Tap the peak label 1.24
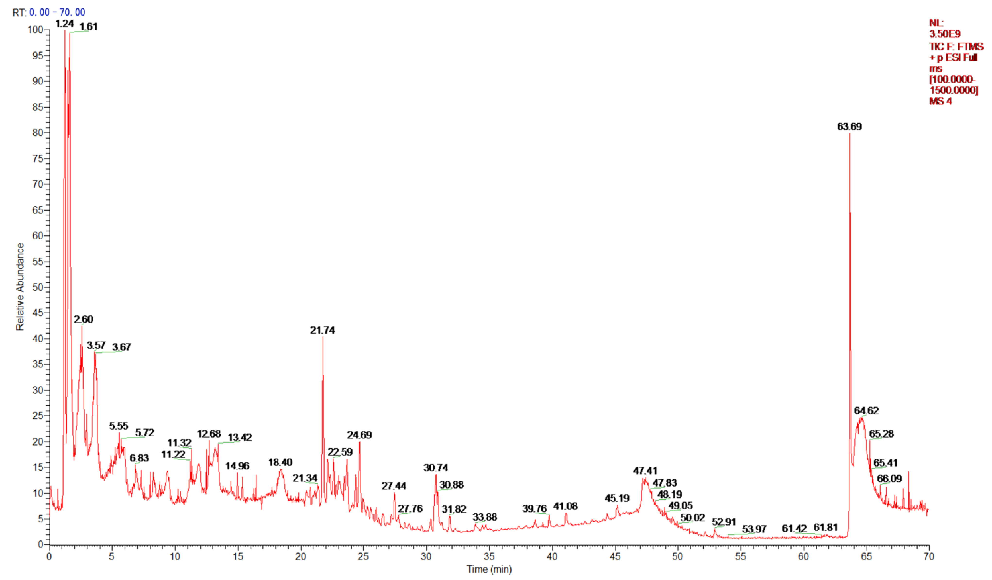[64, 24]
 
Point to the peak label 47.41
[645, 471]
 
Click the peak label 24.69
[359, 435]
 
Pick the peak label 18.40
[280, 462]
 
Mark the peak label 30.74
[435, 468]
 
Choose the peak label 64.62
[866, 411]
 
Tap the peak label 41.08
[565, 506]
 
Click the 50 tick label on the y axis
[37, 287]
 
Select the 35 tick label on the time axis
[489, 556]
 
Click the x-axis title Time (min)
[489, 569]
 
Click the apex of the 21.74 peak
[323, 337]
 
